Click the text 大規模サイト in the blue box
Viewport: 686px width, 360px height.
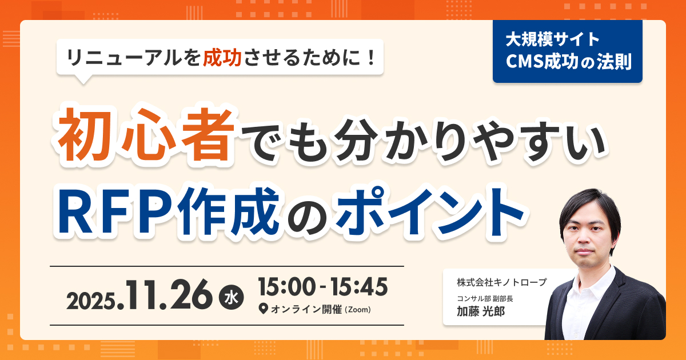point(552,40)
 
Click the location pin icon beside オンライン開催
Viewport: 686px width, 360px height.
point(264,310)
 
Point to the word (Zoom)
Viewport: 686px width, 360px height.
point(358,310)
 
